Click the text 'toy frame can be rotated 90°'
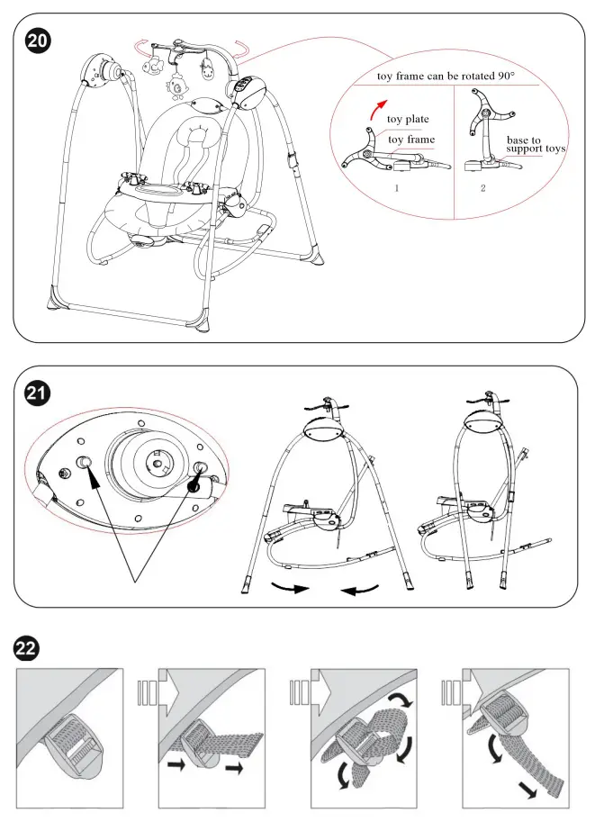click(446, 77)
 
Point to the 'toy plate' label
click(408, 119)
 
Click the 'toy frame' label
click(410, 140)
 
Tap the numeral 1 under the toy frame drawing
click(396, 189)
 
